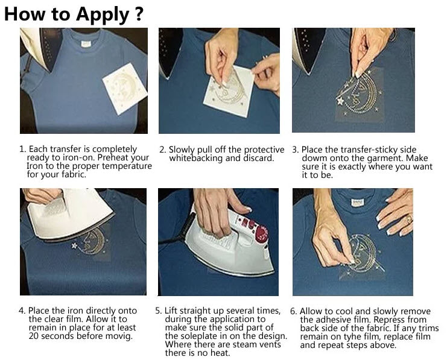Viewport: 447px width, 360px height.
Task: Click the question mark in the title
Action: (139, 14)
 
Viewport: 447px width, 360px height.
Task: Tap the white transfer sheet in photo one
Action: (125, 89)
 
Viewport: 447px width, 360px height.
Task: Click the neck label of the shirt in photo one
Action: (86, 44)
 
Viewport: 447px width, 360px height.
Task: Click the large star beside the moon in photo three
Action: (340, 101)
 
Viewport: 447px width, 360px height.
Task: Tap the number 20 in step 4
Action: (33, 336)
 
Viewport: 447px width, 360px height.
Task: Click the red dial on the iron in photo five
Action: (261, 231)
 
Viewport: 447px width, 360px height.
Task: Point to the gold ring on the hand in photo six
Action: (409, 219)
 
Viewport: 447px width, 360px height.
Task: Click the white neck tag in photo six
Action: (357, 203)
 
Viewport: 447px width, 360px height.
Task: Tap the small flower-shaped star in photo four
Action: (74, 245)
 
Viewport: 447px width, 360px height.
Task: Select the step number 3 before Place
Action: (296, 150)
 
